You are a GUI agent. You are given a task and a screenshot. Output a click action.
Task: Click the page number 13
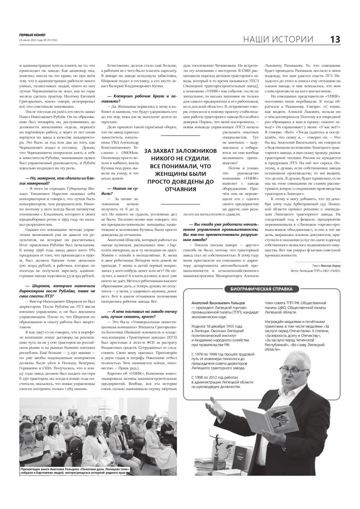click(x=335, y=39)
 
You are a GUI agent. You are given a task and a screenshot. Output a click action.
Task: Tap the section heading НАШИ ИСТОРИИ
click(x=278, y=39)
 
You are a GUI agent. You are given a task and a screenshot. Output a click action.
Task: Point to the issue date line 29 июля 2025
click(x=38, y=40)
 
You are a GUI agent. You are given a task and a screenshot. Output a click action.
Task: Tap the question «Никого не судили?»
click(x=120, y=191)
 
